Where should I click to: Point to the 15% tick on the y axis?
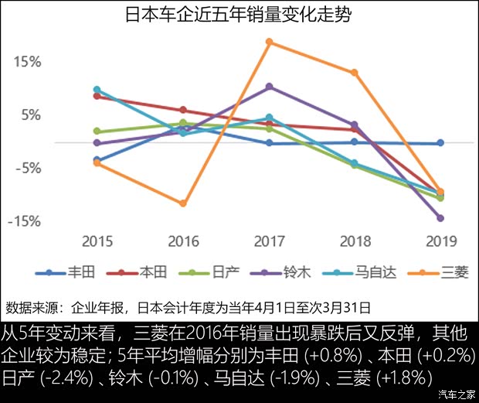pyautogui.click(x=26, y=62)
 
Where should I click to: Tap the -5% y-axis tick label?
pyautogui.click(x=26, y=169)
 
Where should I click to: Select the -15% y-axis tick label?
pyautogui.click(x=24, y=222)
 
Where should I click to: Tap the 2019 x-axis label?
pyautogui.click(x=440, y=241)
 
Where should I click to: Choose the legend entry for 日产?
pyautogui.click(x=212, y=272)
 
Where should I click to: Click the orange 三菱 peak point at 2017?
pyautogui.click(x=269, y=42)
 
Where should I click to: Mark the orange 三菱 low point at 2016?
pyautogui.click(x=183, y=203)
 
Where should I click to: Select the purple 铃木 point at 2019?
pyautogui.click(x=440, y=218)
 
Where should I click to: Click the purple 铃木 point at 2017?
pyautogui.click(x=269, y=87)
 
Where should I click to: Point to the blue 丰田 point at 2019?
pyautogui.click(x=440, y=143)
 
